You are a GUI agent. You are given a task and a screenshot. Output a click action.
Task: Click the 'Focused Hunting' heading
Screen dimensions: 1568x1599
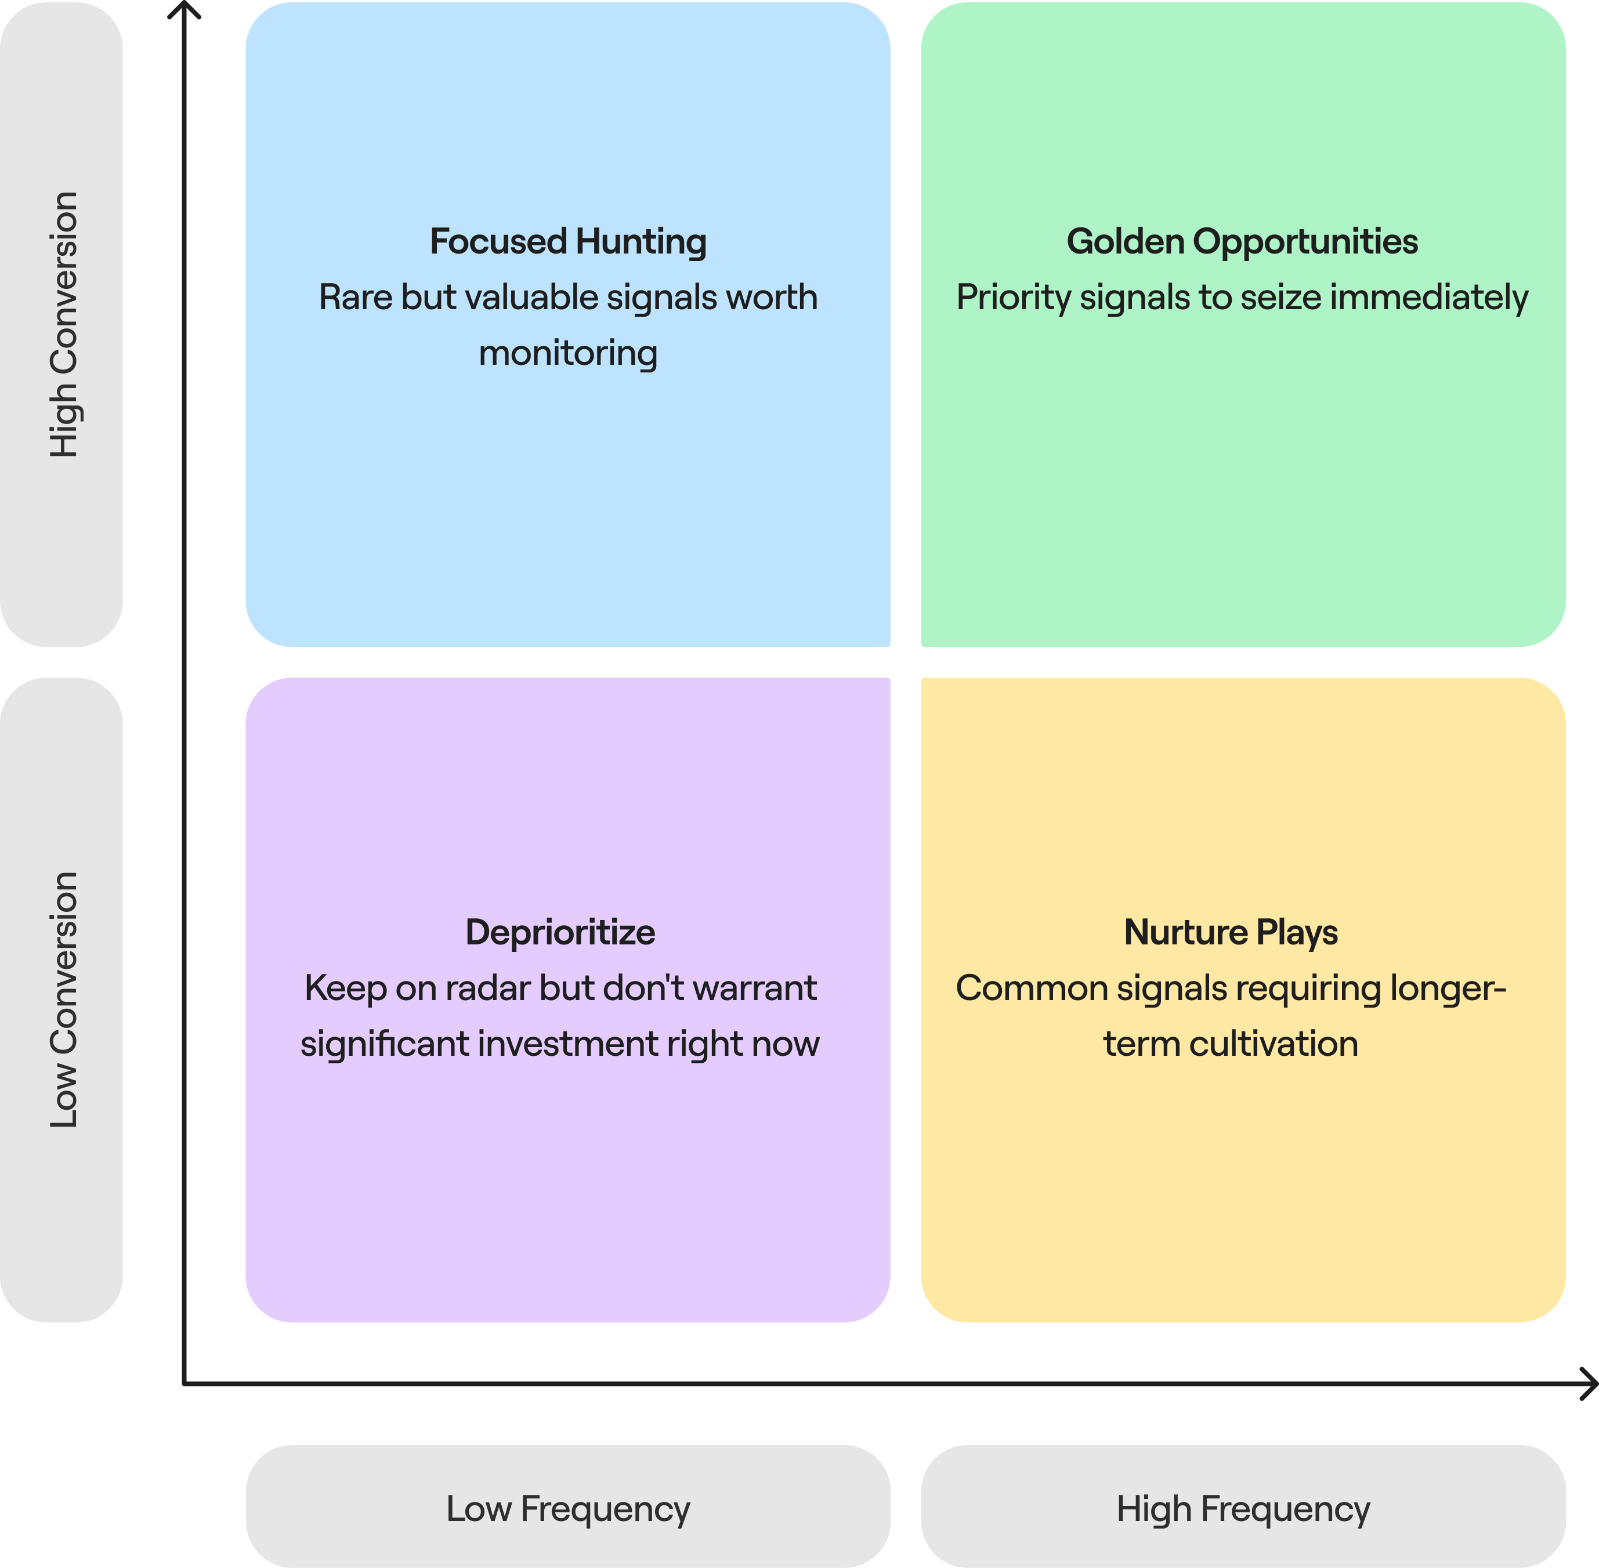click(x=567, y=241)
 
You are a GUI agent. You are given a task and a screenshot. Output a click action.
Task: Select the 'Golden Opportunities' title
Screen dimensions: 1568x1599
click(x=1242, y=241)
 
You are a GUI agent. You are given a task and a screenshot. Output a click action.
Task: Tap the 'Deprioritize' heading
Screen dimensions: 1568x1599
click(x=560, y=932)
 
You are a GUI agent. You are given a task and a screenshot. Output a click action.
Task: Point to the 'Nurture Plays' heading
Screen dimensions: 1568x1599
click(x=1231, y=932)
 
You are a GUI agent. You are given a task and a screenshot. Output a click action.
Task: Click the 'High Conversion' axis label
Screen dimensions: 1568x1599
click(x=63, y=324)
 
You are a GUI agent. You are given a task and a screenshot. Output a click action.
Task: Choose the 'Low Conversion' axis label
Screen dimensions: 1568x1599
click(x=63, y=1000)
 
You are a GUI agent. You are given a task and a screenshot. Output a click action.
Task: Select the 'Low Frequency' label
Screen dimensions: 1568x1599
click(x=567, y=1509)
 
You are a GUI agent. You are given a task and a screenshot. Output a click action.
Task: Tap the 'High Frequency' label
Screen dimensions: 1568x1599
click(x=1242, y=1509)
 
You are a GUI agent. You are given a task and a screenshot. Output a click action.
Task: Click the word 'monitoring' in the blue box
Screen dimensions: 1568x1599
click(x=567, y=353)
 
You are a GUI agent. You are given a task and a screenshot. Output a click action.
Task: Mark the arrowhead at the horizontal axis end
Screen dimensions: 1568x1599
click(x=1589, y=1384)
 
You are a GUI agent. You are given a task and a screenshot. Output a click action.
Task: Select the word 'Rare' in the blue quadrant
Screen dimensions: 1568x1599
click(x=355, y=297)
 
